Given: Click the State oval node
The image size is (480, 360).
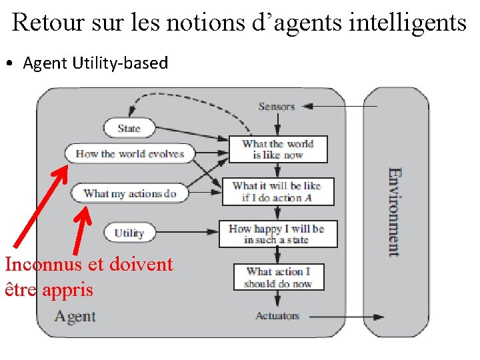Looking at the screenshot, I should click(x=129, y=128).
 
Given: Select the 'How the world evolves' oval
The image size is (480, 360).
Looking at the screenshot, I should click(x=129, y=154).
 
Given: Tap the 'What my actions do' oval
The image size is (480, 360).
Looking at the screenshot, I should click(x=129, y=194).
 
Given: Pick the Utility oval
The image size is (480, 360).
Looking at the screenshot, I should click(x=129, y=233).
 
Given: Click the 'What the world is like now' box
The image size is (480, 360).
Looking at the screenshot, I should click(x=278, y=149).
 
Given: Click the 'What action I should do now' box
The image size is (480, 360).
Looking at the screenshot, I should click(x=277, y=277).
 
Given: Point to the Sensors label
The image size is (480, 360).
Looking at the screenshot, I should click(x=276, y=107).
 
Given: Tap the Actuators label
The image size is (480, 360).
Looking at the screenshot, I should click(x=277, y=316).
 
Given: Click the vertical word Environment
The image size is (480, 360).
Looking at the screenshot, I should click(x=395, y=212).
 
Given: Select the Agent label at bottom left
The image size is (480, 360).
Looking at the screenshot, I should click(x=75, y=316).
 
